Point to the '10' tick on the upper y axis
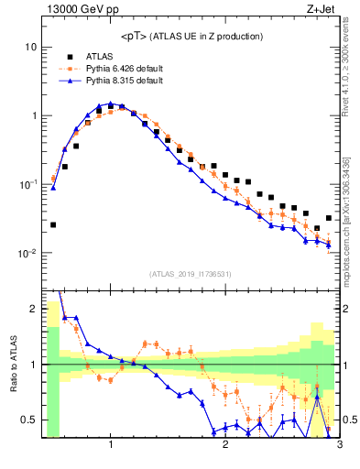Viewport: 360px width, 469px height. [31, 47]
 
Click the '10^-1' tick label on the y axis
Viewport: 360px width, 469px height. [27, 185]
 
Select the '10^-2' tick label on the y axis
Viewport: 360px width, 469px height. [27, 254]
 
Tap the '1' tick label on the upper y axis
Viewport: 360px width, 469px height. [34, 116]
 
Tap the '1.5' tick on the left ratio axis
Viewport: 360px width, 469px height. [29, 336]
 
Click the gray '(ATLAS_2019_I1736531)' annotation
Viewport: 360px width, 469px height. [191, 274]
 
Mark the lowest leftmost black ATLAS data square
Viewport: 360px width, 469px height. [53, 224]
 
